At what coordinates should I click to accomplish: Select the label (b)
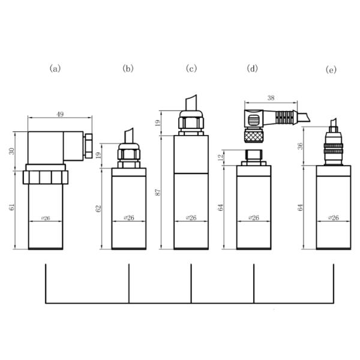tap(128, 68)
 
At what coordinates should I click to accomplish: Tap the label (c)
tap(191, 68)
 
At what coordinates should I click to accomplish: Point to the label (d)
tap(253, 68)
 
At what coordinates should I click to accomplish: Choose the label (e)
tap(331, 70)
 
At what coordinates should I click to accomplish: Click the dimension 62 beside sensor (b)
tap(99, 208)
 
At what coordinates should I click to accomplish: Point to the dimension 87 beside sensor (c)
tap(158, 192)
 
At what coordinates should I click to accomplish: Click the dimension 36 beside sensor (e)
tap(299, 147)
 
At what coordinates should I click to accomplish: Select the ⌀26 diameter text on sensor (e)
tap(332, 217)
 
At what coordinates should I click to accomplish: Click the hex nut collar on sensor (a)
tap(46, 177)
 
